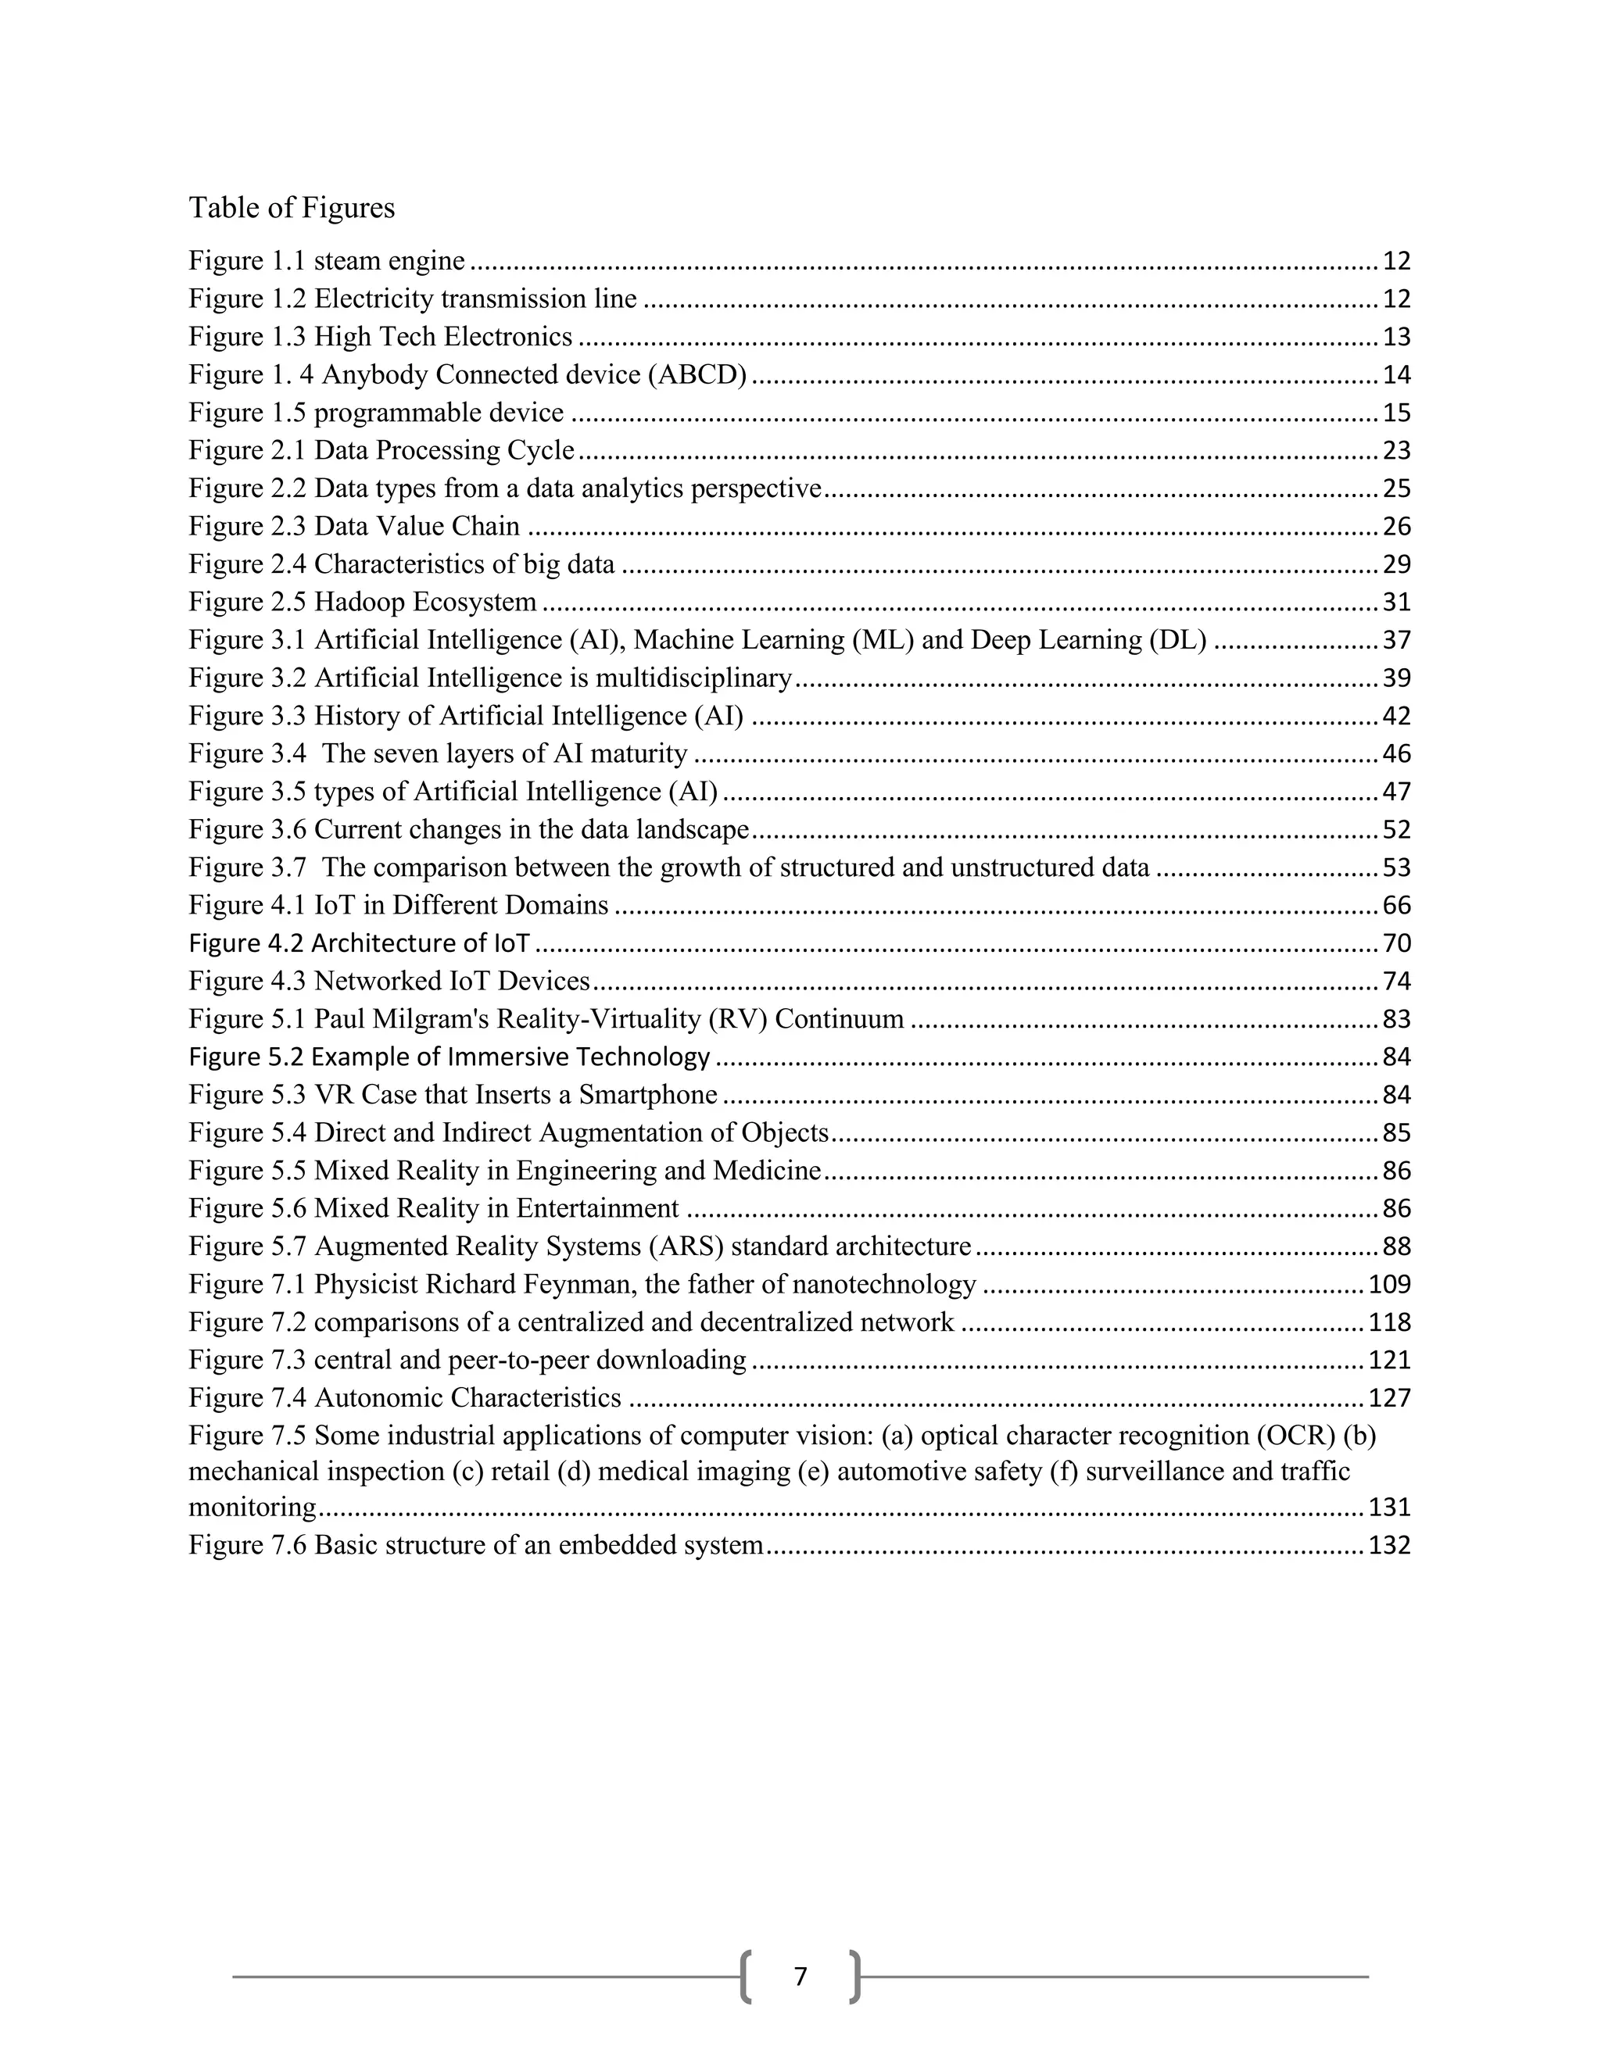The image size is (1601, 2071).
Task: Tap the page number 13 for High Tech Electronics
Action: tap(1396, 338)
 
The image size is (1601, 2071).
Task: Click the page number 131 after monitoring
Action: tap(1388, 1508)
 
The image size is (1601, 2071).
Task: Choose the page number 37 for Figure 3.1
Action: tap(1396, 641)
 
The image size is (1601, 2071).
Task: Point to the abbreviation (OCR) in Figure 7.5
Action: tap(1297, 1436)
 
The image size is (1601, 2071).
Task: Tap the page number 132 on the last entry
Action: tap(1388, 1546)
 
